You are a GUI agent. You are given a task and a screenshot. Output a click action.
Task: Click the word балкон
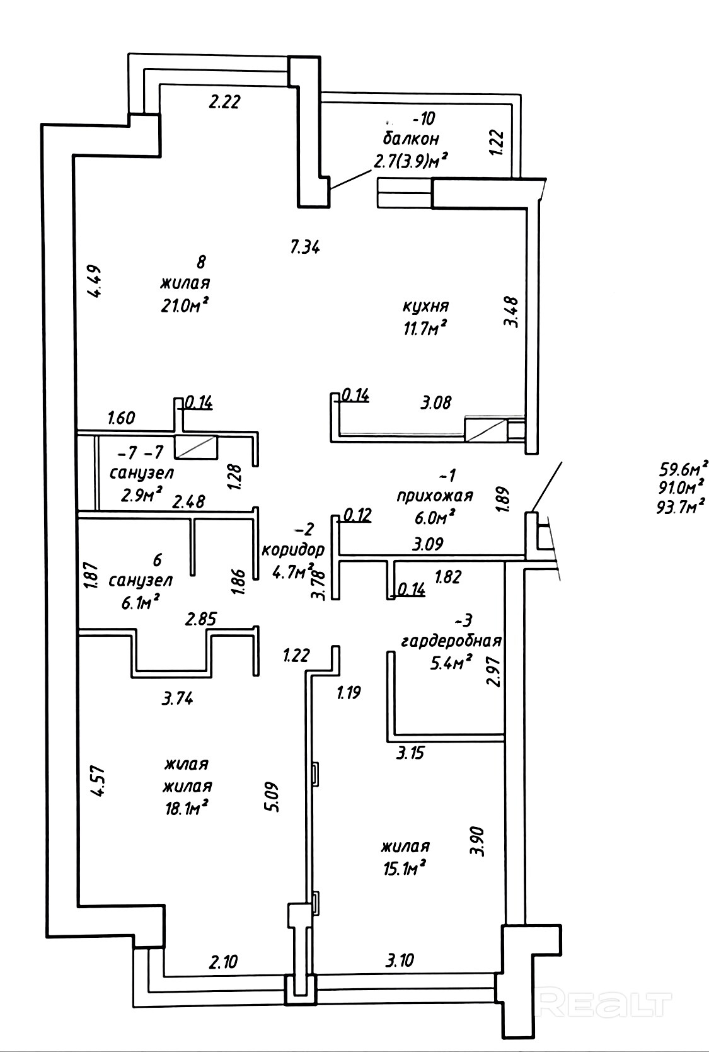tap(410, 138)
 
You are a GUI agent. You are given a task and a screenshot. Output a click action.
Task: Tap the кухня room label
tap(426, 307)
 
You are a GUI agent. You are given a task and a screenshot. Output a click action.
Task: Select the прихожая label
tap(434, 496)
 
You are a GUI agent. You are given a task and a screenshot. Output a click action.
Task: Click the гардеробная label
tap(451, 641)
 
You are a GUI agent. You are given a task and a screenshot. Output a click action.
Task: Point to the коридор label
tap(293, 549)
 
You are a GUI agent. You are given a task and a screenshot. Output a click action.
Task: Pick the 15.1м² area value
tap(405, 869)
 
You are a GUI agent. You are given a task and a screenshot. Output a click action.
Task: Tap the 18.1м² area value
tap(186, 807)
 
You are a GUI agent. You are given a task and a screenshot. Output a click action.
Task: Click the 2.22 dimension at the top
tap(225, 101)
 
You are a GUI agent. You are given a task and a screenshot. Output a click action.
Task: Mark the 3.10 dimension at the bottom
tap(400, 961)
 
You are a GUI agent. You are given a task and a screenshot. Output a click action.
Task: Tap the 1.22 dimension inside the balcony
tap(497, 143)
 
